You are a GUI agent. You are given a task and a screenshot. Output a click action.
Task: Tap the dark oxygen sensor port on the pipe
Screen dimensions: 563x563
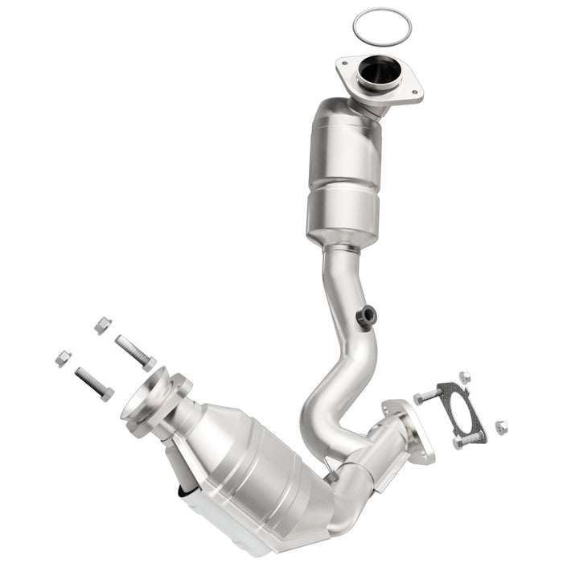point(367,316)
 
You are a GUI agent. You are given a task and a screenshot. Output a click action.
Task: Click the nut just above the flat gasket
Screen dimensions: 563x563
point(464,376)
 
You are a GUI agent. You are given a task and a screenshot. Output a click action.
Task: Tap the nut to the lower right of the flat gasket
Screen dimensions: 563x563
point(500,426)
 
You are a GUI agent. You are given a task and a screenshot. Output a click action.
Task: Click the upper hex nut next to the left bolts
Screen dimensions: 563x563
point(102,325)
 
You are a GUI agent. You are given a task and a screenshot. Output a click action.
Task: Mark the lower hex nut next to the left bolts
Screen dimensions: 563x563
point(63,358)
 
